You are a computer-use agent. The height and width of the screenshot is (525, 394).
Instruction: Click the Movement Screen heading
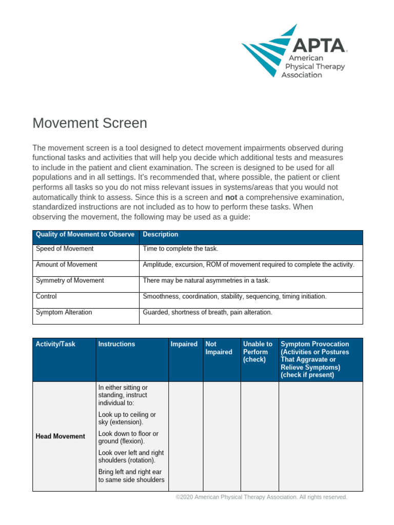90,124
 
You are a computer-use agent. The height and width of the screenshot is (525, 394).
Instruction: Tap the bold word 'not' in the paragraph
231,197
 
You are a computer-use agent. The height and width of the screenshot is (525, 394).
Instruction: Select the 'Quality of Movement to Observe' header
85,235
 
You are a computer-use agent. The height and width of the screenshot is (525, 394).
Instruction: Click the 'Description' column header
161,235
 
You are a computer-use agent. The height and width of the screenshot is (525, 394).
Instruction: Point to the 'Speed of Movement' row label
65,249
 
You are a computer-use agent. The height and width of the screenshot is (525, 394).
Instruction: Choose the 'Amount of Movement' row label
66,265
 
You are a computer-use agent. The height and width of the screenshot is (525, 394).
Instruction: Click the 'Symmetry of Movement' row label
70,281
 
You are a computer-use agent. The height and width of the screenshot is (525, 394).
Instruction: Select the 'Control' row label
46,297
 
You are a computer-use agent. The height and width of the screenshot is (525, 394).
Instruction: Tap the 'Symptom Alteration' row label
64,313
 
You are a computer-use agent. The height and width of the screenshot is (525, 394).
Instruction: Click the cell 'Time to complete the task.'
181,249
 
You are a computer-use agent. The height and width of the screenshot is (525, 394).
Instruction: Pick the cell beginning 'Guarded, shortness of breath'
207,313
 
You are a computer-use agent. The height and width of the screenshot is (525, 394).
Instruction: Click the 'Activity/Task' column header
55,345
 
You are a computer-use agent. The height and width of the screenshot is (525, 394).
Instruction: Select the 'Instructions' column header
117,345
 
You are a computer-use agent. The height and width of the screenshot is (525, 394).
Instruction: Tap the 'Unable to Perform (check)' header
258,352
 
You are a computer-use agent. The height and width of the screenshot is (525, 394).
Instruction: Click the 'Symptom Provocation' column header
315,359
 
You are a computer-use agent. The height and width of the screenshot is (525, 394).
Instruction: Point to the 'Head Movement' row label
61,437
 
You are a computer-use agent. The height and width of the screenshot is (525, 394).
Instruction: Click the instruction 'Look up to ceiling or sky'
127,418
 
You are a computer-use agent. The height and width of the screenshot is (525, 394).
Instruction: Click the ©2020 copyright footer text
262,497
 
